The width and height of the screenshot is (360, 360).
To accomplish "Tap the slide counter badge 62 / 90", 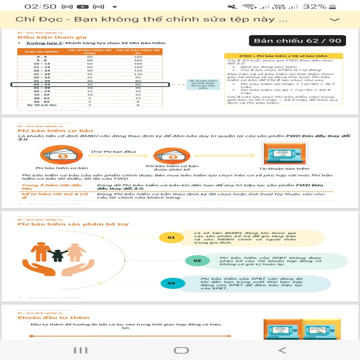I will click(x=297, y=41).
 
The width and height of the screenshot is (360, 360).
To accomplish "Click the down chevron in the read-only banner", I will click(x=334, y=20).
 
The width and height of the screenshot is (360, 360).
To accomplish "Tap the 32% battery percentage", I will click(x=315, y=6).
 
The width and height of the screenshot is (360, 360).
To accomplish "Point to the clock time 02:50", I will click(x=40, y=6).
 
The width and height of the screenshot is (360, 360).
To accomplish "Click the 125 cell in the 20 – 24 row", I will click(x=138, y=71).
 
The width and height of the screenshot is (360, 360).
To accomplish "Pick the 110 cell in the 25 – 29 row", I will click(x=138, y=74).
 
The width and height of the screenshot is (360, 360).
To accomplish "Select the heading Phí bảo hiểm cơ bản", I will click(x=49, y=130).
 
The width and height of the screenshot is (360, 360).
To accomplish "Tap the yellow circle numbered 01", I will click(x=171, y=237).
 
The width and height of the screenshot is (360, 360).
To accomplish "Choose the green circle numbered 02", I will click(x=197, y=260).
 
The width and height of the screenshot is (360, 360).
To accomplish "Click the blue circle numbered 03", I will click(x=171, y=283).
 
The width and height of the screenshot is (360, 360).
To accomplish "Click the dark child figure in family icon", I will click(x=58, y=255).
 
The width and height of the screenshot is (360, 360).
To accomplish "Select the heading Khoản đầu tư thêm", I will click(x=54, y=318).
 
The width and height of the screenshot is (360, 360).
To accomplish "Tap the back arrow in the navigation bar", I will click(x=282, y=350).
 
